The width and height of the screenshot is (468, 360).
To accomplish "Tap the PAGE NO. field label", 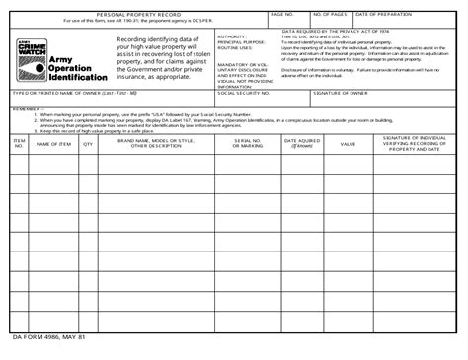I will click(x=282, y=15).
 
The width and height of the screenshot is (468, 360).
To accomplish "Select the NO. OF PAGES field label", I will click(x=329, y=15).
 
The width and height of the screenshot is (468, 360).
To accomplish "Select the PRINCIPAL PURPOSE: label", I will click(x=241, y=42).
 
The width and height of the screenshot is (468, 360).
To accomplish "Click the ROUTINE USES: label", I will click(x=234, y=48).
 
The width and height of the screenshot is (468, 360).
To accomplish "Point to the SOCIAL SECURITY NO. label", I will click(x=243, y=93).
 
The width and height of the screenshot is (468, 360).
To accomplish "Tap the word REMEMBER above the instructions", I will click(x=27, y=109).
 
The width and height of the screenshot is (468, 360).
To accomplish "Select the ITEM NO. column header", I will click(x=19, y=144).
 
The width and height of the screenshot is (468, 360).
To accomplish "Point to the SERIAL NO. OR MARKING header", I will click(x=249, y=144).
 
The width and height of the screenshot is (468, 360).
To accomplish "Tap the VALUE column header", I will click(x=348, y=144).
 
